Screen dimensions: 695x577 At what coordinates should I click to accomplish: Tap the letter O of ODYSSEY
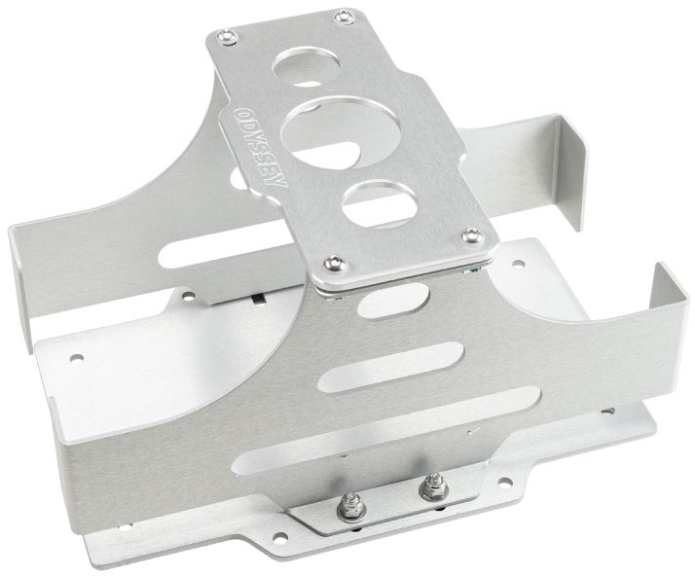tap(239, 113)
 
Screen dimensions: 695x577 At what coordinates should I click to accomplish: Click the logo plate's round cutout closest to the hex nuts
tap(380, 202)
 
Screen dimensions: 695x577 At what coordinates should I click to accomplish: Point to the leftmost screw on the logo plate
tap(227, 36)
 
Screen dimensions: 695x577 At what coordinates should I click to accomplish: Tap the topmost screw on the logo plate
tap(344, 18)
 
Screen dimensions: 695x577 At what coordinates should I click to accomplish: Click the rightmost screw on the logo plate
tap(471, 234)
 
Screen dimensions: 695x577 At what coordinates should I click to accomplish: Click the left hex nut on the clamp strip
tap(350, 502)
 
